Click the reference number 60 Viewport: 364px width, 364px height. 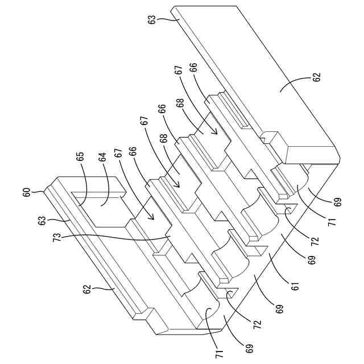[27, 192]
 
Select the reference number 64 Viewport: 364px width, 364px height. [102, 157]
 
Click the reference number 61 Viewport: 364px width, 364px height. [295, 286]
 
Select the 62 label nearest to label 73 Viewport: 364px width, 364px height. [87, 289]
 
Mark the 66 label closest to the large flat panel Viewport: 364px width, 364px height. [195, 67]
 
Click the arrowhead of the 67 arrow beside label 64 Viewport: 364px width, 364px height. [152, 217]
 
